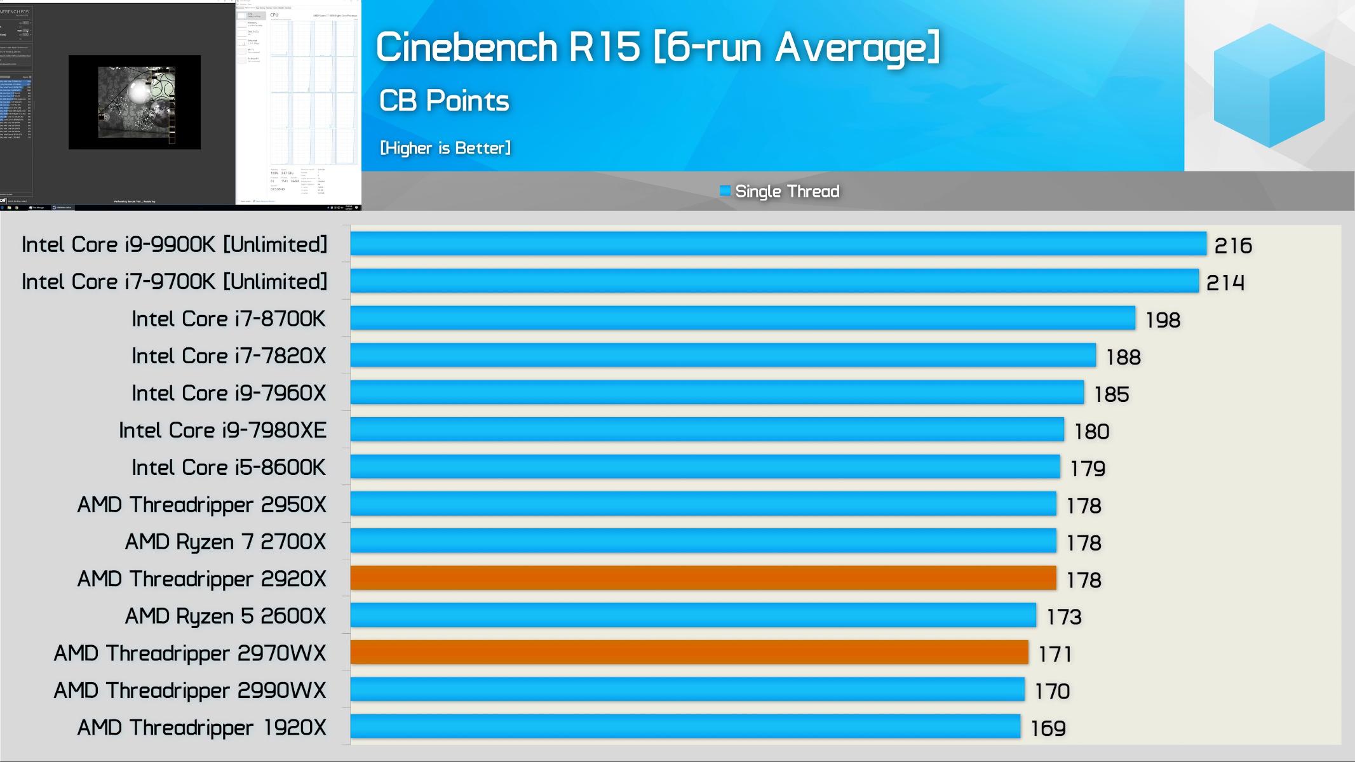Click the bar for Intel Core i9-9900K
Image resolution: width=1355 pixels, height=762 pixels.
click(x=778, y=244)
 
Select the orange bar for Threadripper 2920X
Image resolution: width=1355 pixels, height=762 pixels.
click(x=703, y=578)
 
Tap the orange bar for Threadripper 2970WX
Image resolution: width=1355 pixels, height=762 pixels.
click(x=689, y=653)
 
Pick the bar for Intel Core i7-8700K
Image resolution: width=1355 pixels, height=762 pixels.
click(x=743, y=318)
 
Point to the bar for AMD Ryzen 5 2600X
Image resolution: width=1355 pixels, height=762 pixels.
click(x=693, y=615)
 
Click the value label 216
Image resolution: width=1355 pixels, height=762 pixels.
click(x=1232, y=246)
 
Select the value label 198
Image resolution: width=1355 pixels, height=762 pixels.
click(x=1163, y=320)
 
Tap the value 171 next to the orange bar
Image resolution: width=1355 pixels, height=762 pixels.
click(x=1055, y=654)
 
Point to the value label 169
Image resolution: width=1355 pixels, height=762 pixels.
click(x=1048, y=728)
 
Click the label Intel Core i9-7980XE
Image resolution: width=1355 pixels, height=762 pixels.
click(x=222, y=431)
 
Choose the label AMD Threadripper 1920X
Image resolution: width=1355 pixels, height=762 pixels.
click(x=201, y=728)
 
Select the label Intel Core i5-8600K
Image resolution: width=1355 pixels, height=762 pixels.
click(x=229, y=467)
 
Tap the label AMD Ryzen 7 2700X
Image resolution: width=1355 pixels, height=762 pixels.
click(x=225, y=542)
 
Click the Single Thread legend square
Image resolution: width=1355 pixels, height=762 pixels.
click(x=725, y=190)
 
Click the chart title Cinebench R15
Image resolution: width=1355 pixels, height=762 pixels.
click(x=657, y=47)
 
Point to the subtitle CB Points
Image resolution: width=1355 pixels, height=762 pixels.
click(x=444, y=101)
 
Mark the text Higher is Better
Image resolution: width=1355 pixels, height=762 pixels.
click(x=445, y=148)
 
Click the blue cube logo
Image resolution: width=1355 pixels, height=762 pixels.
click(x=1269, y=86)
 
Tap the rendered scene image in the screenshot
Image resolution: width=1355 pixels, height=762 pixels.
click(x=135, y=102)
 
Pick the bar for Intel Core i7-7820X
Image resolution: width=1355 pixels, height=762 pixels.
click(x=723, y=356)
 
